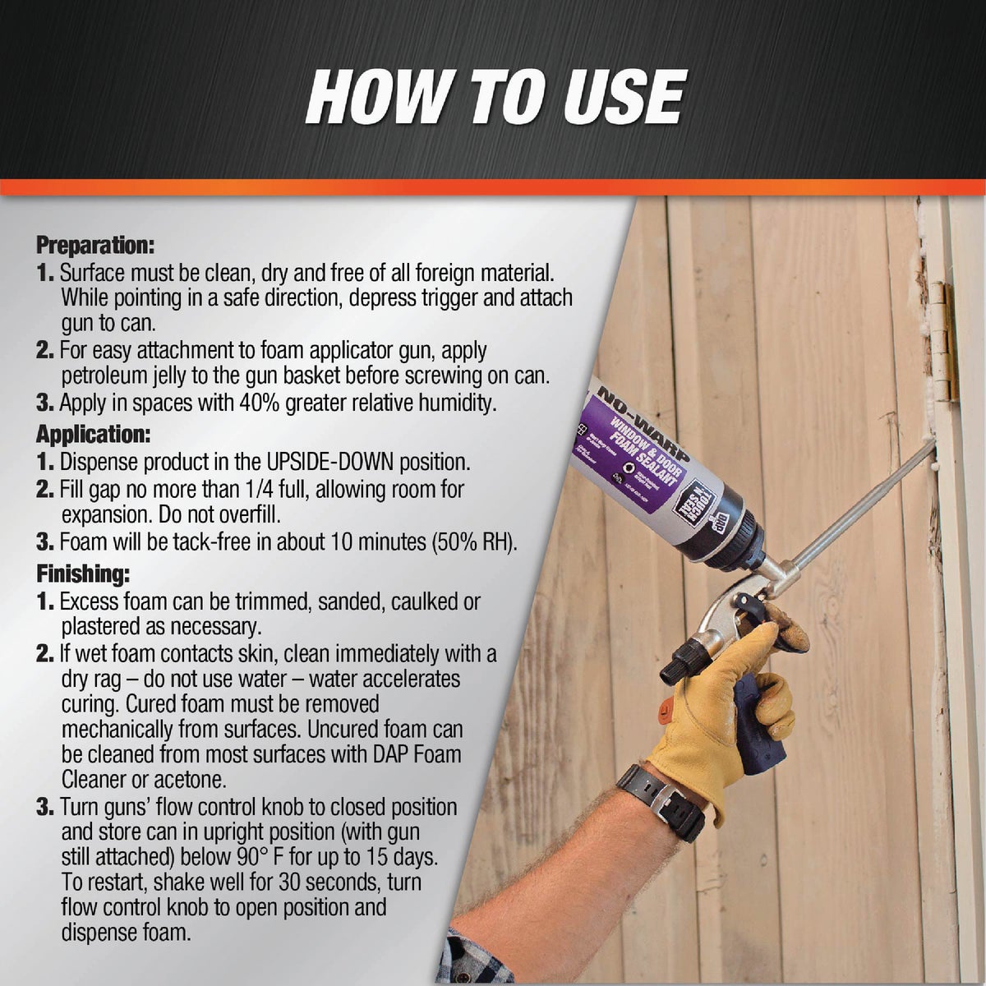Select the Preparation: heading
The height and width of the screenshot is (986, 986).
point(95,245)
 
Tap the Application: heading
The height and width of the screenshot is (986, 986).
point(93,434)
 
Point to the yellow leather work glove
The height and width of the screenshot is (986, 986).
point(723,707)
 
